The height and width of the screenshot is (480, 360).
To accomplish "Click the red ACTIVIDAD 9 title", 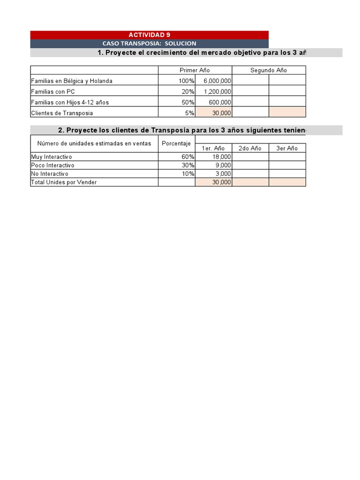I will (x=150, y=35).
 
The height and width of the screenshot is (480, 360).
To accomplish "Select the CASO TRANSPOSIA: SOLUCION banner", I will (x=150, y=44).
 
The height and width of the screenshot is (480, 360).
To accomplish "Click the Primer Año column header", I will (x=195, y=70).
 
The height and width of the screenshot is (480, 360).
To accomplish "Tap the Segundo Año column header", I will (x=269, y=70).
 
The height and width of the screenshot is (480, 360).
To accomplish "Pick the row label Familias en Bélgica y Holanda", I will (x=72, y=81).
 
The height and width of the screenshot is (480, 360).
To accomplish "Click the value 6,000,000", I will (x=217, y=81).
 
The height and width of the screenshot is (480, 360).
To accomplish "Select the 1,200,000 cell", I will (x=217, y=92).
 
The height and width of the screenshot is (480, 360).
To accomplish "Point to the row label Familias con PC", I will (x=53, y=92).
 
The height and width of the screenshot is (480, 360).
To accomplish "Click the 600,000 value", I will (x=220, y=102).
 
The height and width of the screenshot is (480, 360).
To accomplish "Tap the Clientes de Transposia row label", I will (x=62, y=113).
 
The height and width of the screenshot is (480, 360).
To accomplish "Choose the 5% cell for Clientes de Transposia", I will (x=189, y=113).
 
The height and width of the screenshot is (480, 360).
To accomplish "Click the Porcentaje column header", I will (x=176, y=143).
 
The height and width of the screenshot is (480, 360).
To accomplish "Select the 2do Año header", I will (x=250, y=148).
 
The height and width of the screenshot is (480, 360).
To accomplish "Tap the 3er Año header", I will (x=287, y=148).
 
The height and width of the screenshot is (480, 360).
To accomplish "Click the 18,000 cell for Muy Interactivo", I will (x=221, y=157).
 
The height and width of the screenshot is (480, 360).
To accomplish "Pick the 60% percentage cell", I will (x=188, y=157).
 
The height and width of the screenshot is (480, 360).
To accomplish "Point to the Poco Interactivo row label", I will (x=52, y=165).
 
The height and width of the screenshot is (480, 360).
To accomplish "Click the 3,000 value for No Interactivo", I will (x=223, y=174).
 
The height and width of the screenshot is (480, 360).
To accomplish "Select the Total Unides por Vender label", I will (x=64, y=182).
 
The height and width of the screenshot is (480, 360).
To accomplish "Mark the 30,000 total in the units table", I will (x=221, y=182).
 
